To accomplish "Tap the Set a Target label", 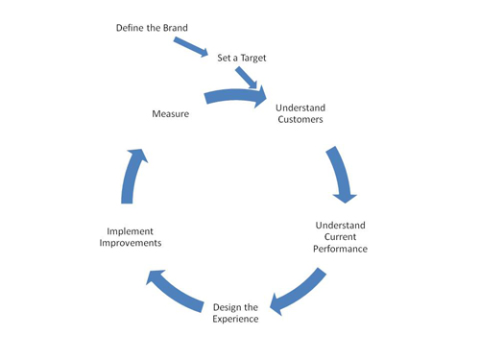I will pyautogui.click(x=241, y=58).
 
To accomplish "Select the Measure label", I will pyautogui.click(x=169, y=114).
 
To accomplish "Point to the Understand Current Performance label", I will pyautogui.click(x=341, y=236).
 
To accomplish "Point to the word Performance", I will pyautogui.click(x=341, y=249).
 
